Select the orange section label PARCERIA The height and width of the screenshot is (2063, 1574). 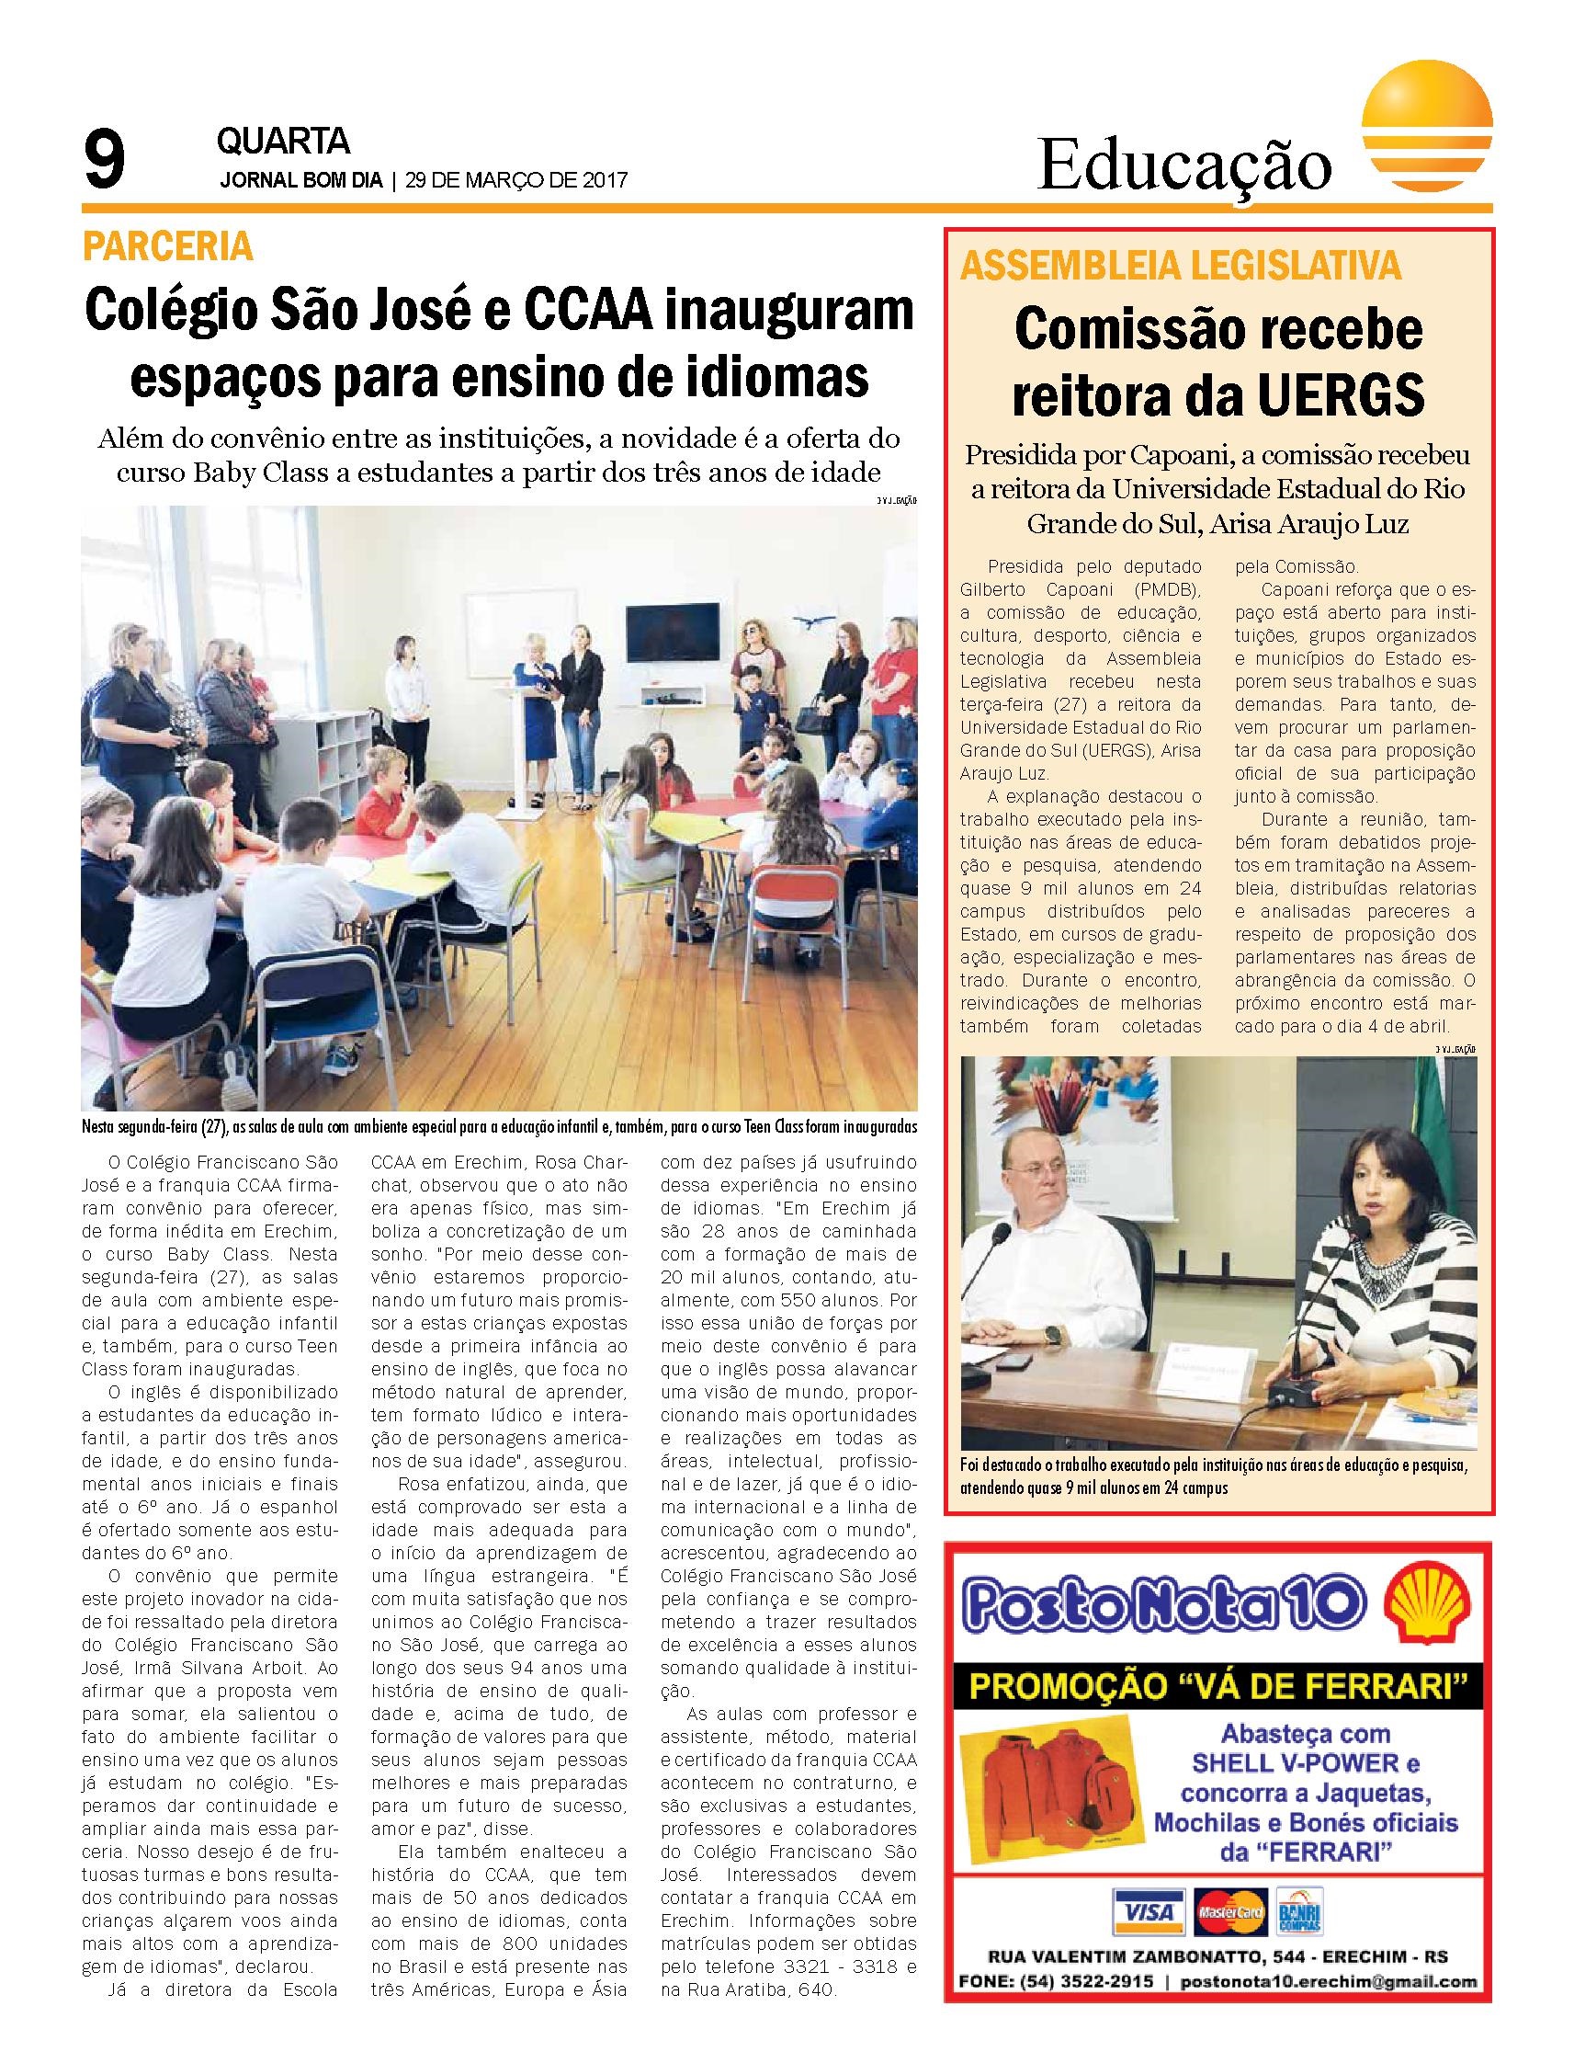[168, 246]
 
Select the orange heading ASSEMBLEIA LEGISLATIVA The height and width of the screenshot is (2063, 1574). [1182, 268]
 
